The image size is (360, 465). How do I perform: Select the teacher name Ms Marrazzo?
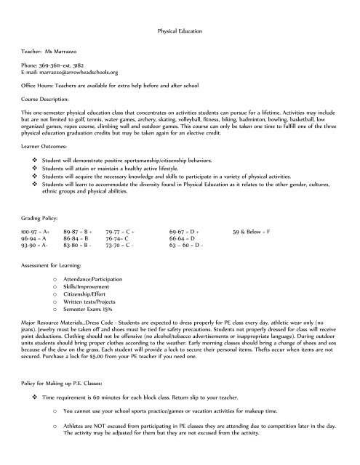[x=67, y=54]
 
